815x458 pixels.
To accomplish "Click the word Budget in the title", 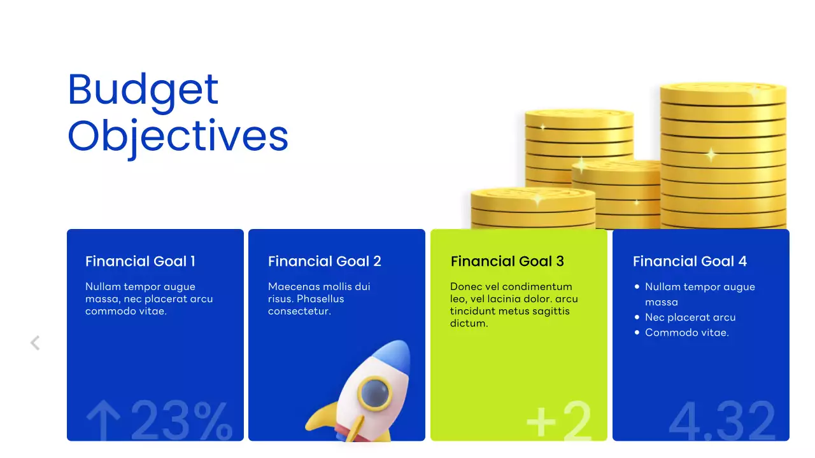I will click(x=143, y=90).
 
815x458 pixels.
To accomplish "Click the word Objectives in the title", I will click(x=178, y=136).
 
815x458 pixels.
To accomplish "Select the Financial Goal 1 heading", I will click(x=140, y=261).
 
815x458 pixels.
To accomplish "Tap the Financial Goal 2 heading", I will click(x=324, y=261).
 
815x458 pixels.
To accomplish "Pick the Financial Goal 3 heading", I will click(x=507, y=261).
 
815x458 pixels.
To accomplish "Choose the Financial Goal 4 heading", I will click(x=690, y=261).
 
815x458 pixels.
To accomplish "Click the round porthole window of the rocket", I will click(x=374, y=392).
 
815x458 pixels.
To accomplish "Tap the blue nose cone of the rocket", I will click(x=394, y=352).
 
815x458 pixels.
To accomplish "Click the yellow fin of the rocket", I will click(x=322, y=417).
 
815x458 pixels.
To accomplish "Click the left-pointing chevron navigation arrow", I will click(x=35, y=343).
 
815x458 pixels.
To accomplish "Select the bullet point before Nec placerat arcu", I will click(x=637, y=317).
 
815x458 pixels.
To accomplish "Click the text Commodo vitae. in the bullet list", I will click(x=686, y=333).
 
